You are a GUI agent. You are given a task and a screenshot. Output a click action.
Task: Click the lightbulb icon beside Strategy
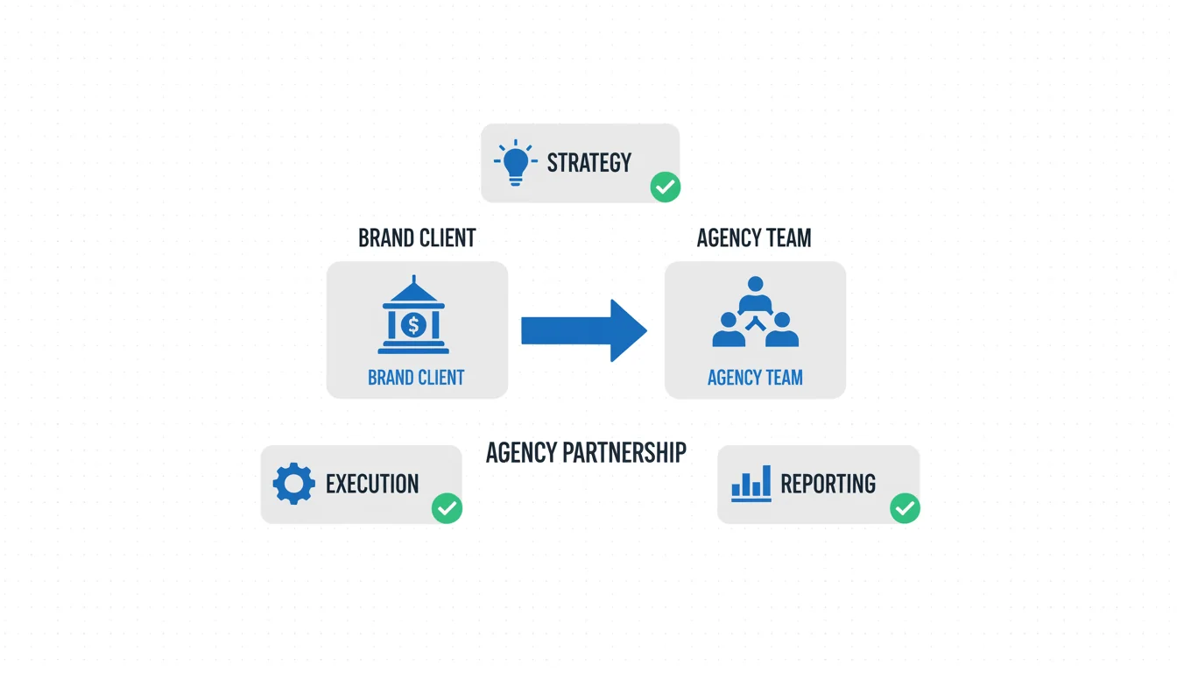(x=516, y=162)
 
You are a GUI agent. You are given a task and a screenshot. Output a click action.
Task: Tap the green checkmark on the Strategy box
(x=666, y=187)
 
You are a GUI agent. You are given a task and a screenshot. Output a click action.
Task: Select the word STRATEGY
(x=588, y=163)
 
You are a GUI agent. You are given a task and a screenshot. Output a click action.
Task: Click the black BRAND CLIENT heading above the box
(x=417, y=238)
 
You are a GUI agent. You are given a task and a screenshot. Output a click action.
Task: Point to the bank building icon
(x=413, y=316)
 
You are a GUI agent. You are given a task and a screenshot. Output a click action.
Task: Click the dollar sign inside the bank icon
(x=413, y=325)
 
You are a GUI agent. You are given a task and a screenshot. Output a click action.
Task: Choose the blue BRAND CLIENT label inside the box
(x=416, y=378)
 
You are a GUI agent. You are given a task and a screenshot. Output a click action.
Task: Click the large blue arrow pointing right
(x=583, y=330)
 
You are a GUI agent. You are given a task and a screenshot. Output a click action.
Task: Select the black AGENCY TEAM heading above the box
(x=754, y=238)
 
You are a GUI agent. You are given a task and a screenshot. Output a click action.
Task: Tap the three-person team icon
(x=755, y=313)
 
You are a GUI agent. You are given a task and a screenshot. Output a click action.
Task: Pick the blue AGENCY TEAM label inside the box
(x=755, y=378)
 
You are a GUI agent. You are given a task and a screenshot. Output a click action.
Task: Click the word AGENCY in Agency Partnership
(x=522, y=453)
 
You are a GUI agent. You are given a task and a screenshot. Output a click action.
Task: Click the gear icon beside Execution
(x=293, y=484)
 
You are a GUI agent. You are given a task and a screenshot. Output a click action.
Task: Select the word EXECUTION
(x=372, y=484)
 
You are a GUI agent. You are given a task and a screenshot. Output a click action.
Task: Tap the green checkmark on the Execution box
(x=448, y=508)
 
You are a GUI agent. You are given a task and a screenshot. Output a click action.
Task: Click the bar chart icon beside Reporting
(x=751, y=484)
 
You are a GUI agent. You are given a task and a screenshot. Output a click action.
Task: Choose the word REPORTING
(x=828, y=484)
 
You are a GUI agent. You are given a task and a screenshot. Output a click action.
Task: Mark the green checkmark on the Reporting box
(x=905, y=508)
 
